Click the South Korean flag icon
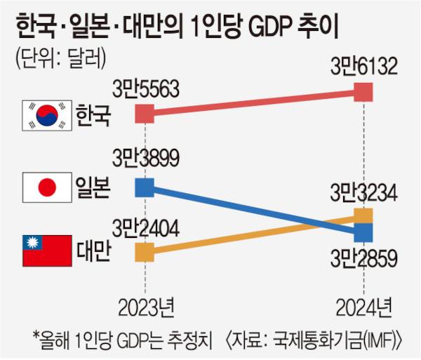click(x=47, y=115)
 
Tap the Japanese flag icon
click(x=47, y=187)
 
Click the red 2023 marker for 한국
click(x=145, y=114)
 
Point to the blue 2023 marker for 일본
click(x=145, y=187)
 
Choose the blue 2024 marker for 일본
click(x=363, y=231)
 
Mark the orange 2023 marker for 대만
click(x=145, y=251)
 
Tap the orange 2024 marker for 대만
click(x=363, y=215)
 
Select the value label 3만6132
click(x=364, y=67)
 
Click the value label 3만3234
click(x=364, y=192)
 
